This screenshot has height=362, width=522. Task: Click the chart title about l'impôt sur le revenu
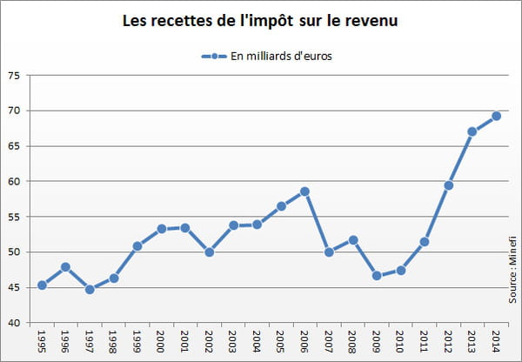[261, 19]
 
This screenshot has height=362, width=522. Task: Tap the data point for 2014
[496, 116]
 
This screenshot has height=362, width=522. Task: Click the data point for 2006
[304, 191]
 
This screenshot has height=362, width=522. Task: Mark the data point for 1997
[90, 289]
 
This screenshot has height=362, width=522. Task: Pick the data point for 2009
[377, 275]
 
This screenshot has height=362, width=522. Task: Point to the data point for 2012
[448, 185]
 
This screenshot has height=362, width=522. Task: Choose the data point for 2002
[209, 252]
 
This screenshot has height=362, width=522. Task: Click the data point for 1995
[42, 285]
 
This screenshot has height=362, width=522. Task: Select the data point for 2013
[472, 131]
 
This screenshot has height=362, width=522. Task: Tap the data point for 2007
[329, 252]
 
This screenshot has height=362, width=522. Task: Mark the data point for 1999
[137, 246]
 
